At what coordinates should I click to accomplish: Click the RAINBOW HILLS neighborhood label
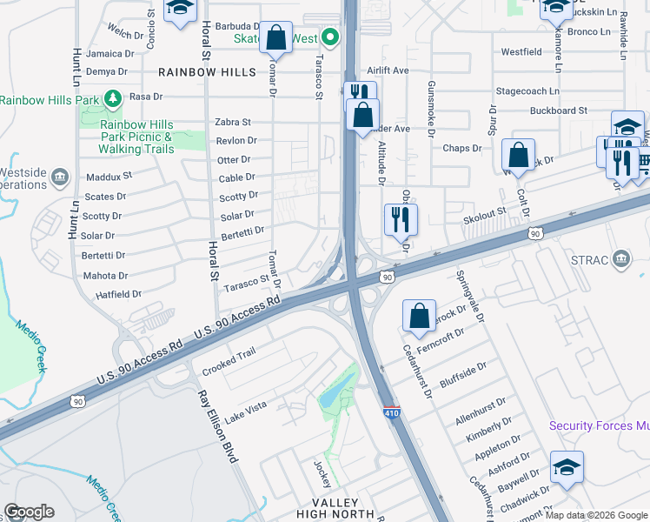207,71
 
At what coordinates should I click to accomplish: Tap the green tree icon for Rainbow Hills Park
111,97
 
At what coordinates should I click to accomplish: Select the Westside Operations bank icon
60,177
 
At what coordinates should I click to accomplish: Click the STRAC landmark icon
621,258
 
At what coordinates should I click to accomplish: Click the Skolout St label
485,213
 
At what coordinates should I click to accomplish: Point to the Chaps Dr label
462,149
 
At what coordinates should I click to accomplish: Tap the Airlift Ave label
388,70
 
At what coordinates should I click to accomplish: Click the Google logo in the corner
29,512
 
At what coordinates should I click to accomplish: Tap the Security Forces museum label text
599,425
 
